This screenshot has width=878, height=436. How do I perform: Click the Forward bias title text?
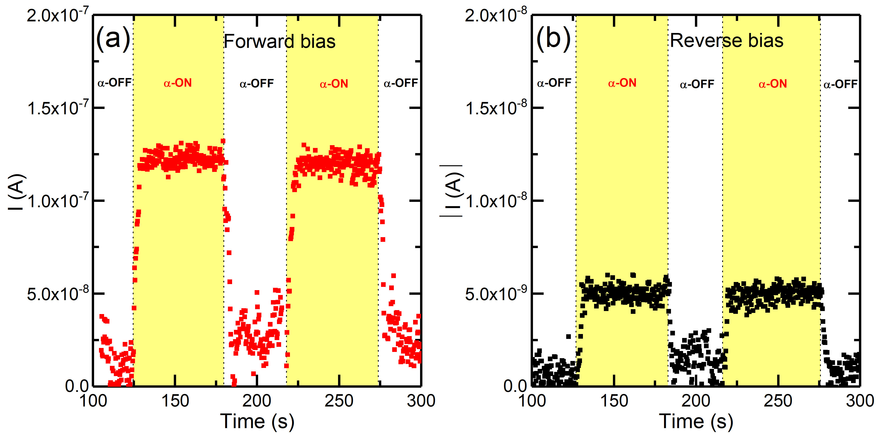[x=280, y=42]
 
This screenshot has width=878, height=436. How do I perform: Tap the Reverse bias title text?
[x=727, y=41]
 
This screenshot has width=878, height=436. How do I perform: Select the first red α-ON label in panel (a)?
[x=178, y=83]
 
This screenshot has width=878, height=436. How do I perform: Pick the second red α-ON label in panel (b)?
[x=773, y=84]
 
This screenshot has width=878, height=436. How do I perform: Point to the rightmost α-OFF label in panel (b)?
[x=840, y=84]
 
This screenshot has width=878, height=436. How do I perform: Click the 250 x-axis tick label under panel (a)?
[x=339, y=401]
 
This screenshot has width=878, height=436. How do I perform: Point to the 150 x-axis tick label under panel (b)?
[x=614, y=401]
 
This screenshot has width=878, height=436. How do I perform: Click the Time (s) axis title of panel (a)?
[x=257, y=421]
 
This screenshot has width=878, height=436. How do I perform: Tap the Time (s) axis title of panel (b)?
[x=696, y=421]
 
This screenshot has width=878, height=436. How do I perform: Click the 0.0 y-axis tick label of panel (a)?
[x=77, y=386]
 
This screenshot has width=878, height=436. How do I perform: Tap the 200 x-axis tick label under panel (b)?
[x=696, y=401]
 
